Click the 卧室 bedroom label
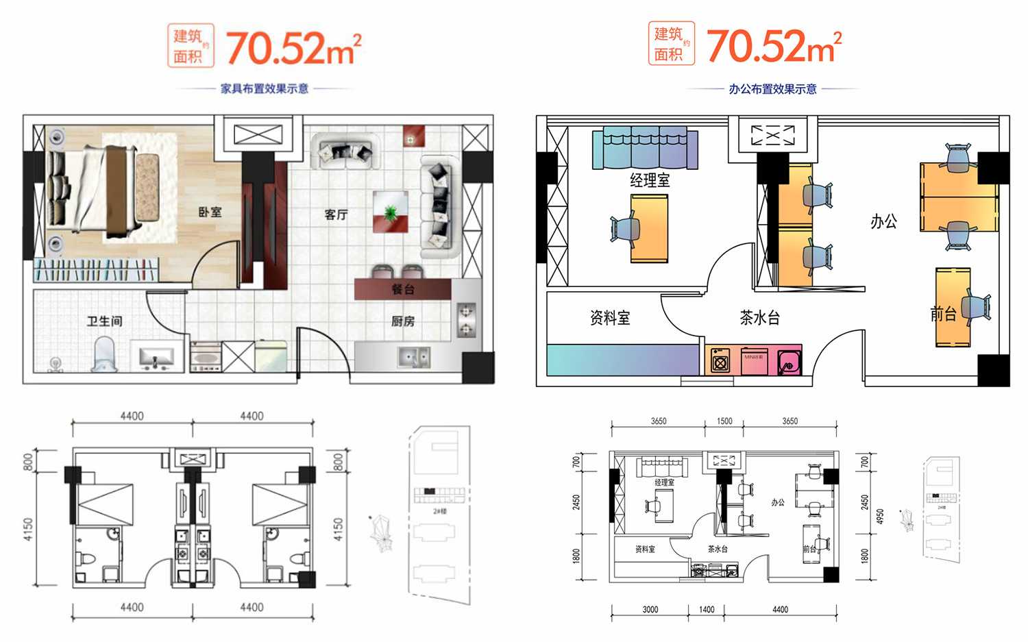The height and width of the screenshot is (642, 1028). (210, 212)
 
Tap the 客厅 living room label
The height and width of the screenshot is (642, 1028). (336, 214)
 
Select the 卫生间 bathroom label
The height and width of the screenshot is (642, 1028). (104, 321)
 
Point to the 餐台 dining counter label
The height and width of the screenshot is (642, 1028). (402, 289)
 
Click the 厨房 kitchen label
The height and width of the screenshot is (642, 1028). (402, 321)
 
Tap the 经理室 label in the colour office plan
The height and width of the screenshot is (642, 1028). (649, 180)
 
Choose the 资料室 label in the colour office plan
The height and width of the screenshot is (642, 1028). (609, 318)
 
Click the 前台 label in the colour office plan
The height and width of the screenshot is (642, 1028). (943, 314)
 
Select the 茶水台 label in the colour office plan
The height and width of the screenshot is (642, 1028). (759, 318)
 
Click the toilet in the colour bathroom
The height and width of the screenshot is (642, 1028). (103, 353)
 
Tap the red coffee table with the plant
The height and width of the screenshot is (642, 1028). (391, 212)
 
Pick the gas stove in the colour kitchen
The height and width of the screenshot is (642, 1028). (466, 319)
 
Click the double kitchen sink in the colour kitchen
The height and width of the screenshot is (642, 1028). (414, 356)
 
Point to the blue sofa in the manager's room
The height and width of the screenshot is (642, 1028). (645, 149)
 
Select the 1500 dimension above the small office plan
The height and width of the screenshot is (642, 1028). (724, 421)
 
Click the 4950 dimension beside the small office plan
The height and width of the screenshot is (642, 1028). (880, 516)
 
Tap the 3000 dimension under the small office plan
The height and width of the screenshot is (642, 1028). (650, 609)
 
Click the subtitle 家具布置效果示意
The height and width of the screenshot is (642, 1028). (265, 89)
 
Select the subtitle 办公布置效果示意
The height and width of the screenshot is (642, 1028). (772, 89)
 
